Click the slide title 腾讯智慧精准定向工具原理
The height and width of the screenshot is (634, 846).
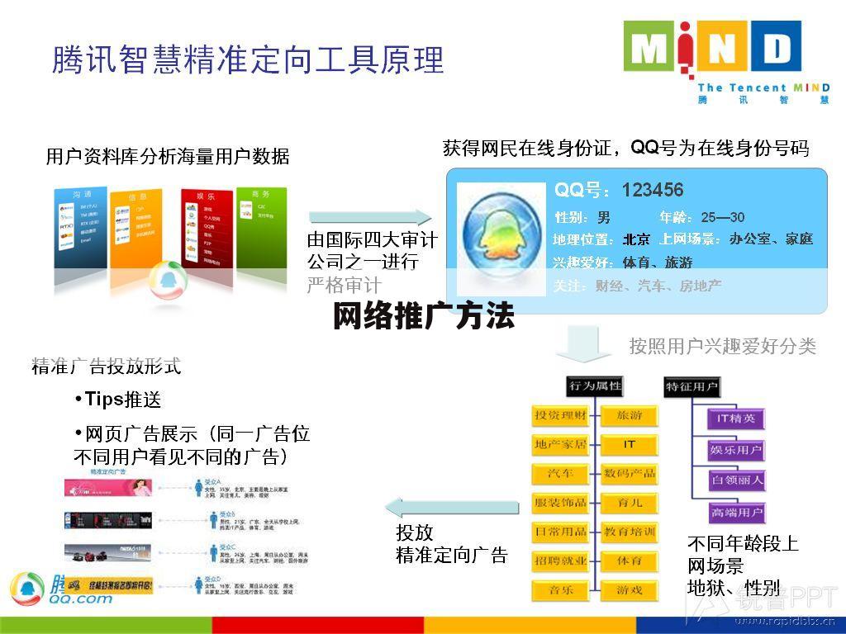248,59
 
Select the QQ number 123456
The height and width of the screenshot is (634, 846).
653,191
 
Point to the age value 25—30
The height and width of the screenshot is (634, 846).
723,217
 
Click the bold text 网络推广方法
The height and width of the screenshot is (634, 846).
424,316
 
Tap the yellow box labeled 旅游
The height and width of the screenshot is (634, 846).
630,415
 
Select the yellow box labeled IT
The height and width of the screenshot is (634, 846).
630,444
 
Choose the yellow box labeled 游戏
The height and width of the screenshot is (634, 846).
630,590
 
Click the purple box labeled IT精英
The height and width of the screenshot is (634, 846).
736,419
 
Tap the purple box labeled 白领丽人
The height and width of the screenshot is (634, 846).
736,479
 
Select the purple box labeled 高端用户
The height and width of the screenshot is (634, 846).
736,513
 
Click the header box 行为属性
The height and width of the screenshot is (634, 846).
595,386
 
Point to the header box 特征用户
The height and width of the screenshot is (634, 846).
692,386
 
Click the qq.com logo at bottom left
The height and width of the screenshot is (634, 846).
58,589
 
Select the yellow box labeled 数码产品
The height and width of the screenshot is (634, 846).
630,474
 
